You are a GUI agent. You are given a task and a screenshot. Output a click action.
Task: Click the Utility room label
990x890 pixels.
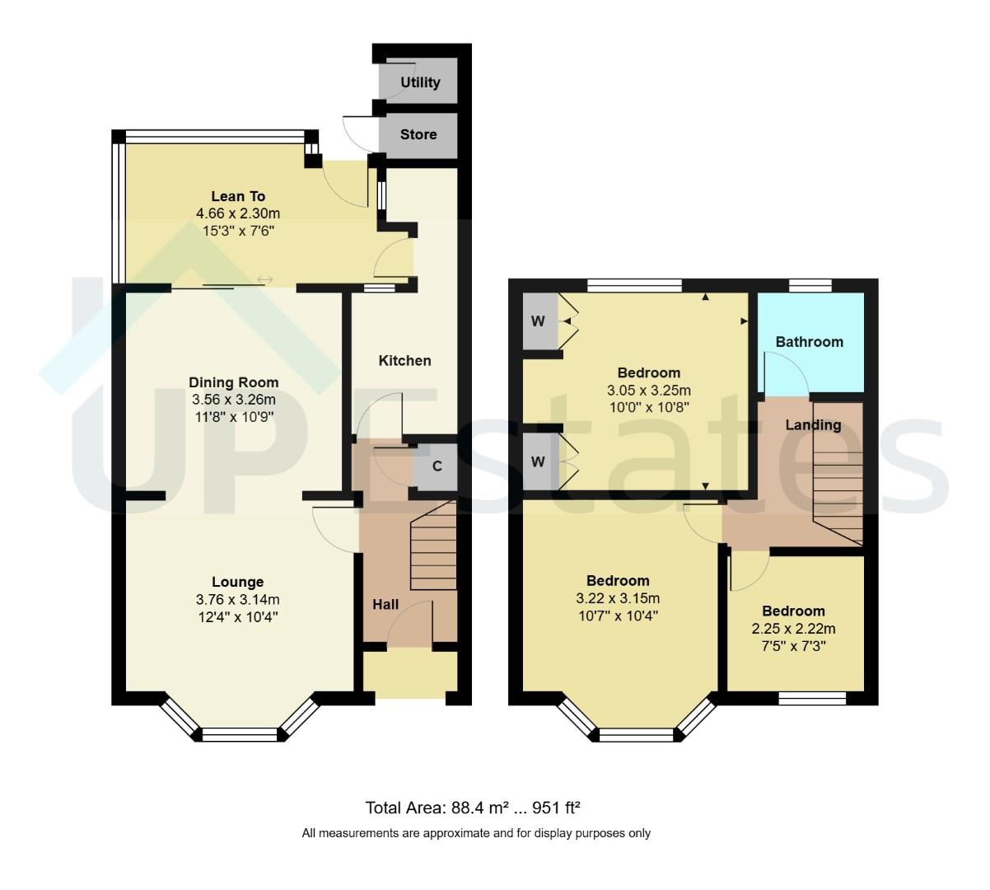click(420, 82)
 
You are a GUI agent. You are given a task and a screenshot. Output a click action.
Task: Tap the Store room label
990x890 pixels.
click(418, 134)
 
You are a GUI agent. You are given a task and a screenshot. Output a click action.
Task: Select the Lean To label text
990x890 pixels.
click(238, 196)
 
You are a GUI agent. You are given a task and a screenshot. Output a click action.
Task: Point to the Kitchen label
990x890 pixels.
click(404, 361)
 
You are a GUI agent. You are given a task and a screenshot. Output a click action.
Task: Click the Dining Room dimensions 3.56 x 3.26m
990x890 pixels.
click(233, 400)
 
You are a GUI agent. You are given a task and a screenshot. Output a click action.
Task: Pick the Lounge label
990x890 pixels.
click(237, 582)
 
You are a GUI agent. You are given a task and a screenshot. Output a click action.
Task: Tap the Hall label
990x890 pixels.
click(385, 604)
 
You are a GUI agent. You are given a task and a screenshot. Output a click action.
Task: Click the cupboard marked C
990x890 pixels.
click(437, 466)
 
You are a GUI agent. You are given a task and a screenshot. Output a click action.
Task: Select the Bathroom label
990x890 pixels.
click(809, 342)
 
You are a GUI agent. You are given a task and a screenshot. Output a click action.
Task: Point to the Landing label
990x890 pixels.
click(813, 425)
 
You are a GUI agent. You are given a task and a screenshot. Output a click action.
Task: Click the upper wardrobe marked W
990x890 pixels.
click(538, 321)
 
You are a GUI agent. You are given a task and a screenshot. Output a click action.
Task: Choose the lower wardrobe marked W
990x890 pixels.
click(538, 461)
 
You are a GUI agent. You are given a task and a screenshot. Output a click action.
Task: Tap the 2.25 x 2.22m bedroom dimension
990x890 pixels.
click(793, 629)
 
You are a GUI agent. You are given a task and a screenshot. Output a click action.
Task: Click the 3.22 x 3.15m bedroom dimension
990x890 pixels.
click(618, 598)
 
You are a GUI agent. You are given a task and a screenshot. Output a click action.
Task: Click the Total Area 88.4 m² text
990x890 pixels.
click(479, 807)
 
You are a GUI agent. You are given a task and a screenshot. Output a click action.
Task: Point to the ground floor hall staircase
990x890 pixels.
click(433, 547)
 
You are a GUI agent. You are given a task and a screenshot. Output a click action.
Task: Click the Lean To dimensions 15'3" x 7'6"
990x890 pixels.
click(238, 232)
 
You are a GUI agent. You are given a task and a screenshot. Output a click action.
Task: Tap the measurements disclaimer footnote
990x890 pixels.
click(476, 833)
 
